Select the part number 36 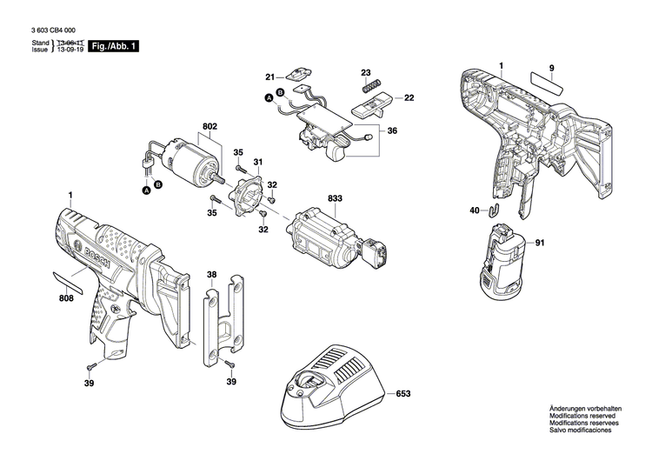392,130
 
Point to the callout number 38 211,275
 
